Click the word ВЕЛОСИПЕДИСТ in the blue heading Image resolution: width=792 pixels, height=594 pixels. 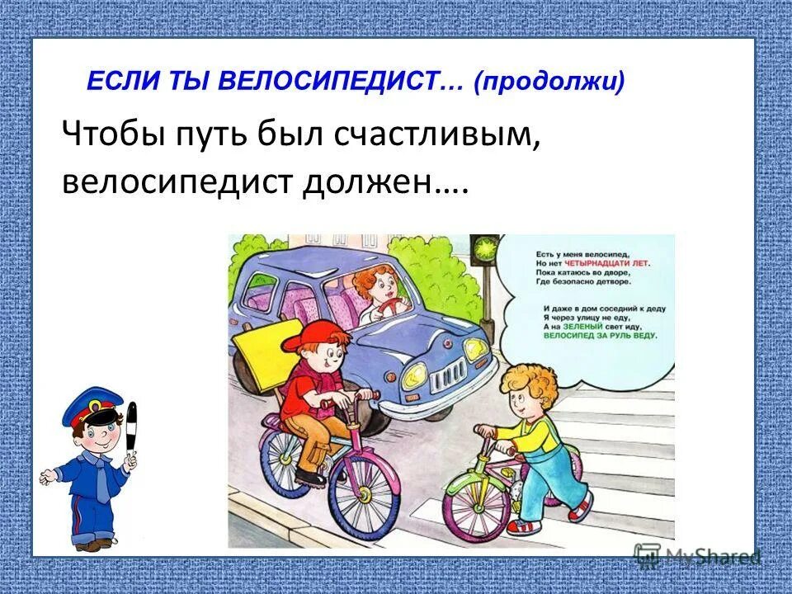pos(330,82)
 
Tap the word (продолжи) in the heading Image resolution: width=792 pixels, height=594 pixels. pos(549,82)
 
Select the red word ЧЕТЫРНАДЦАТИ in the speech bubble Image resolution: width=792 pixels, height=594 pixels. pos(614,262)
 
